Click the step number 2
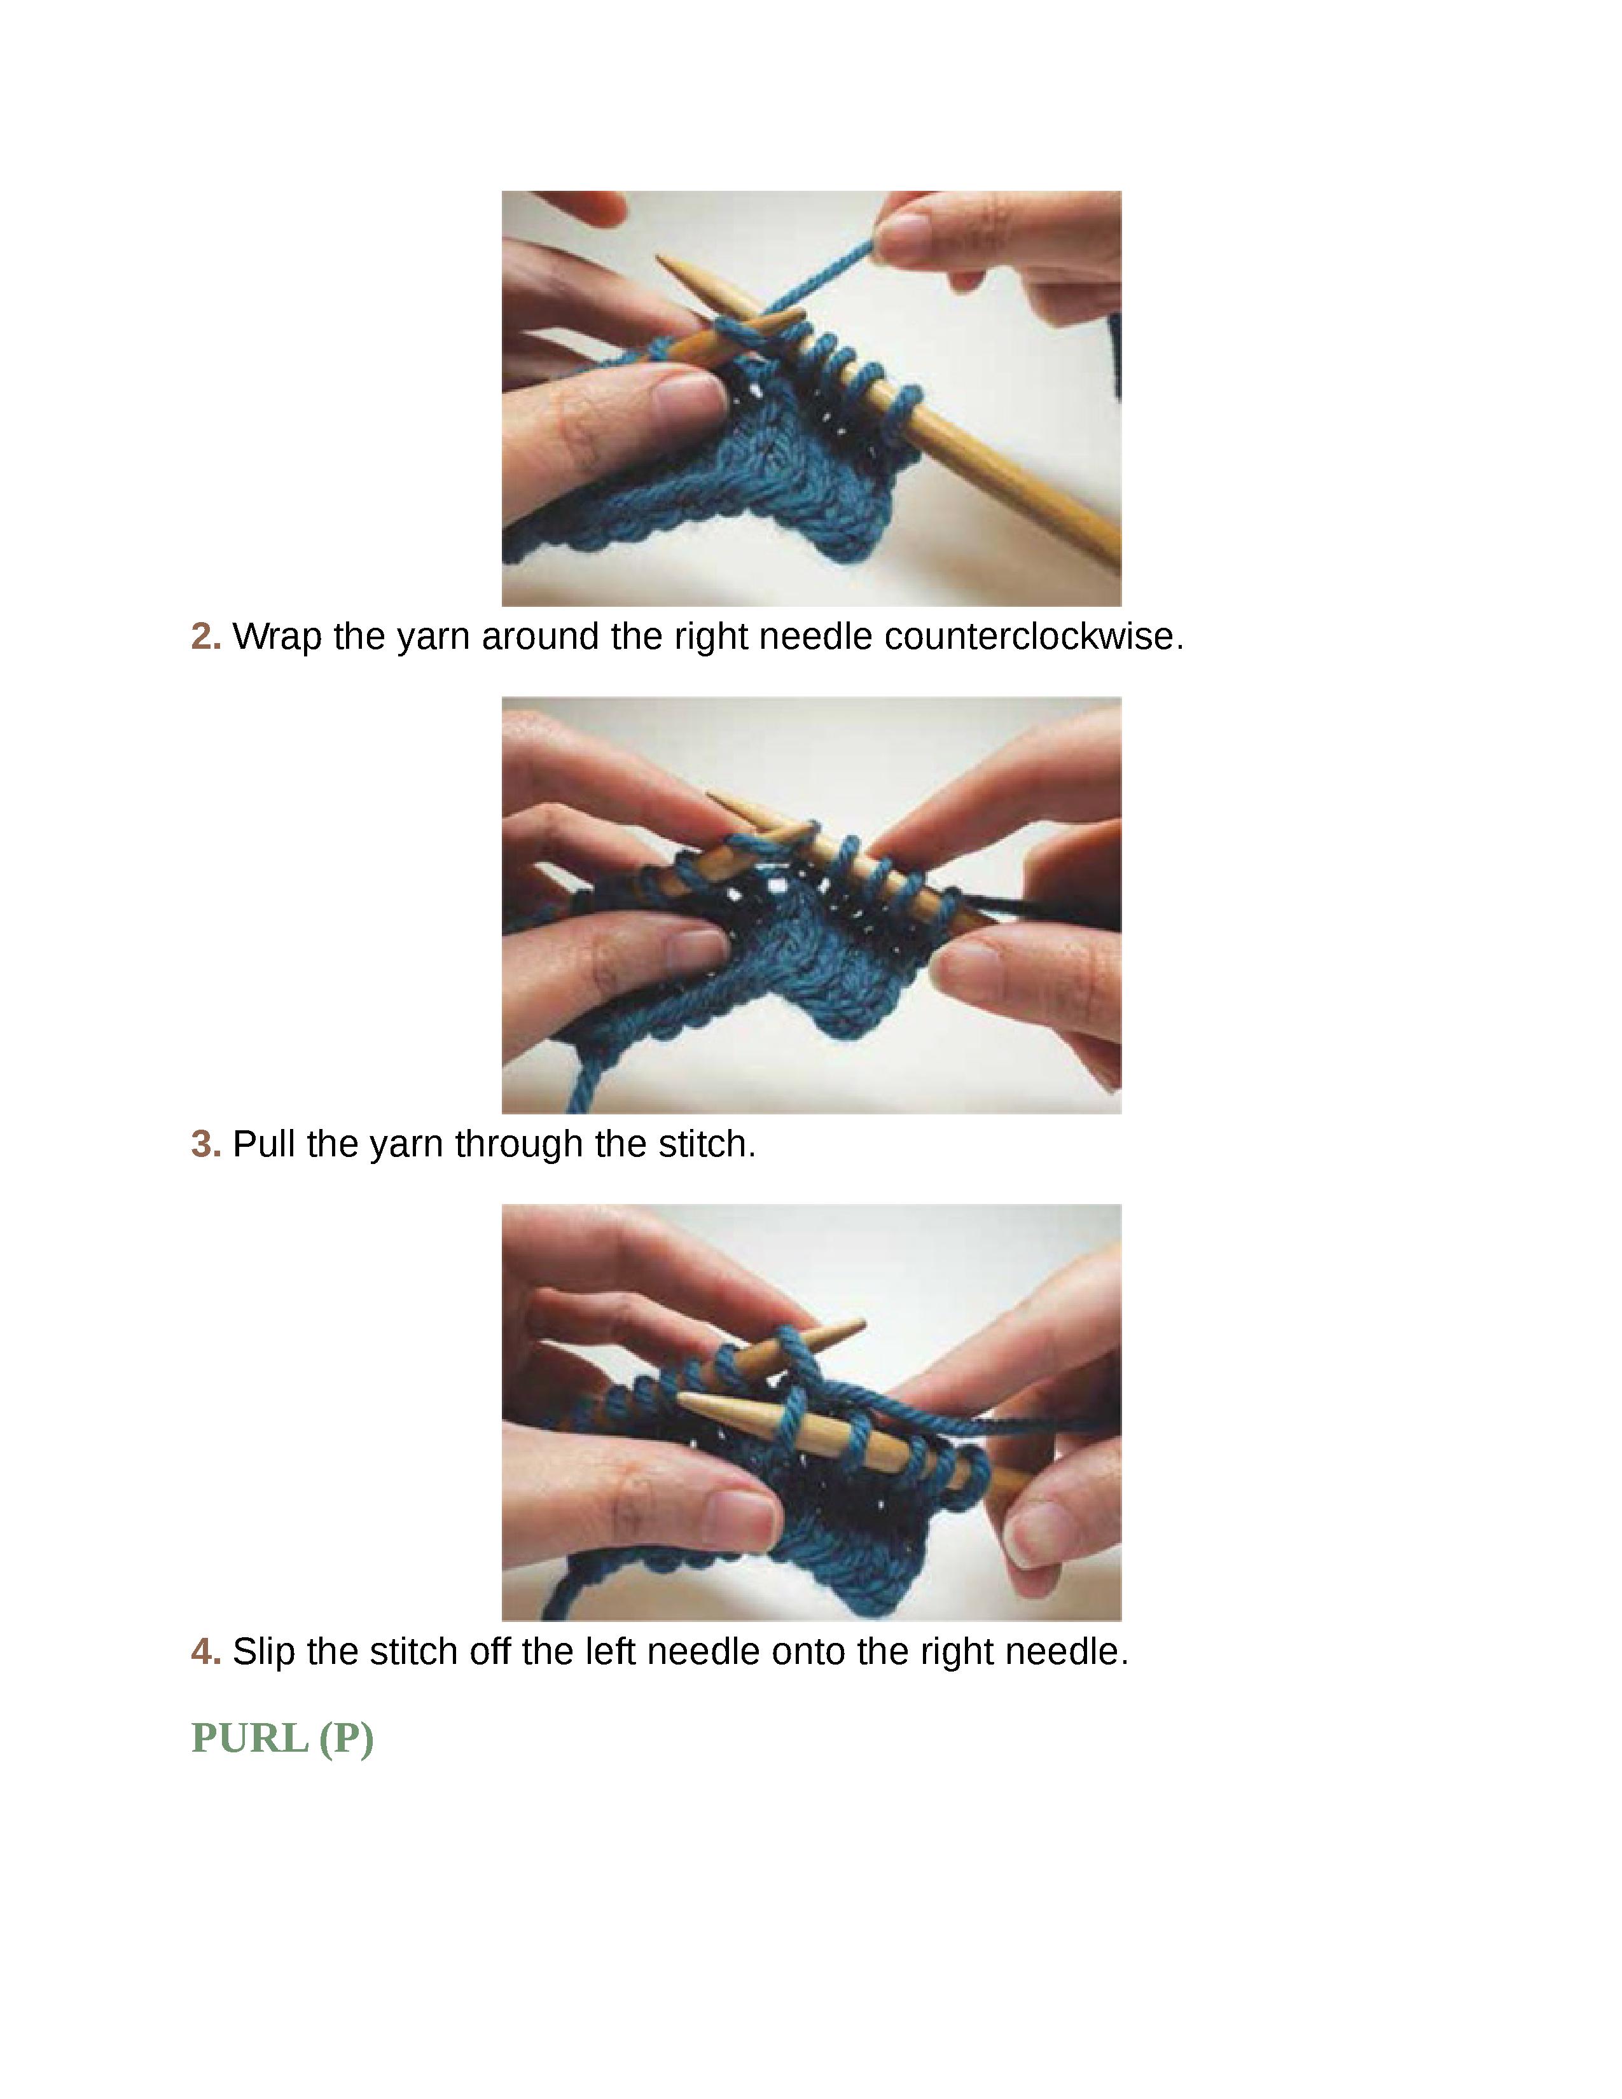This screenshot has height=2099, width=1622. coord(205,636)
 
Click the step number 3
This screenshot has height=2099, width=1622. coord(205,1144)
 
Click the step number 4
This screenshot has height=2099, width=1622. coord(205,1651)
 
